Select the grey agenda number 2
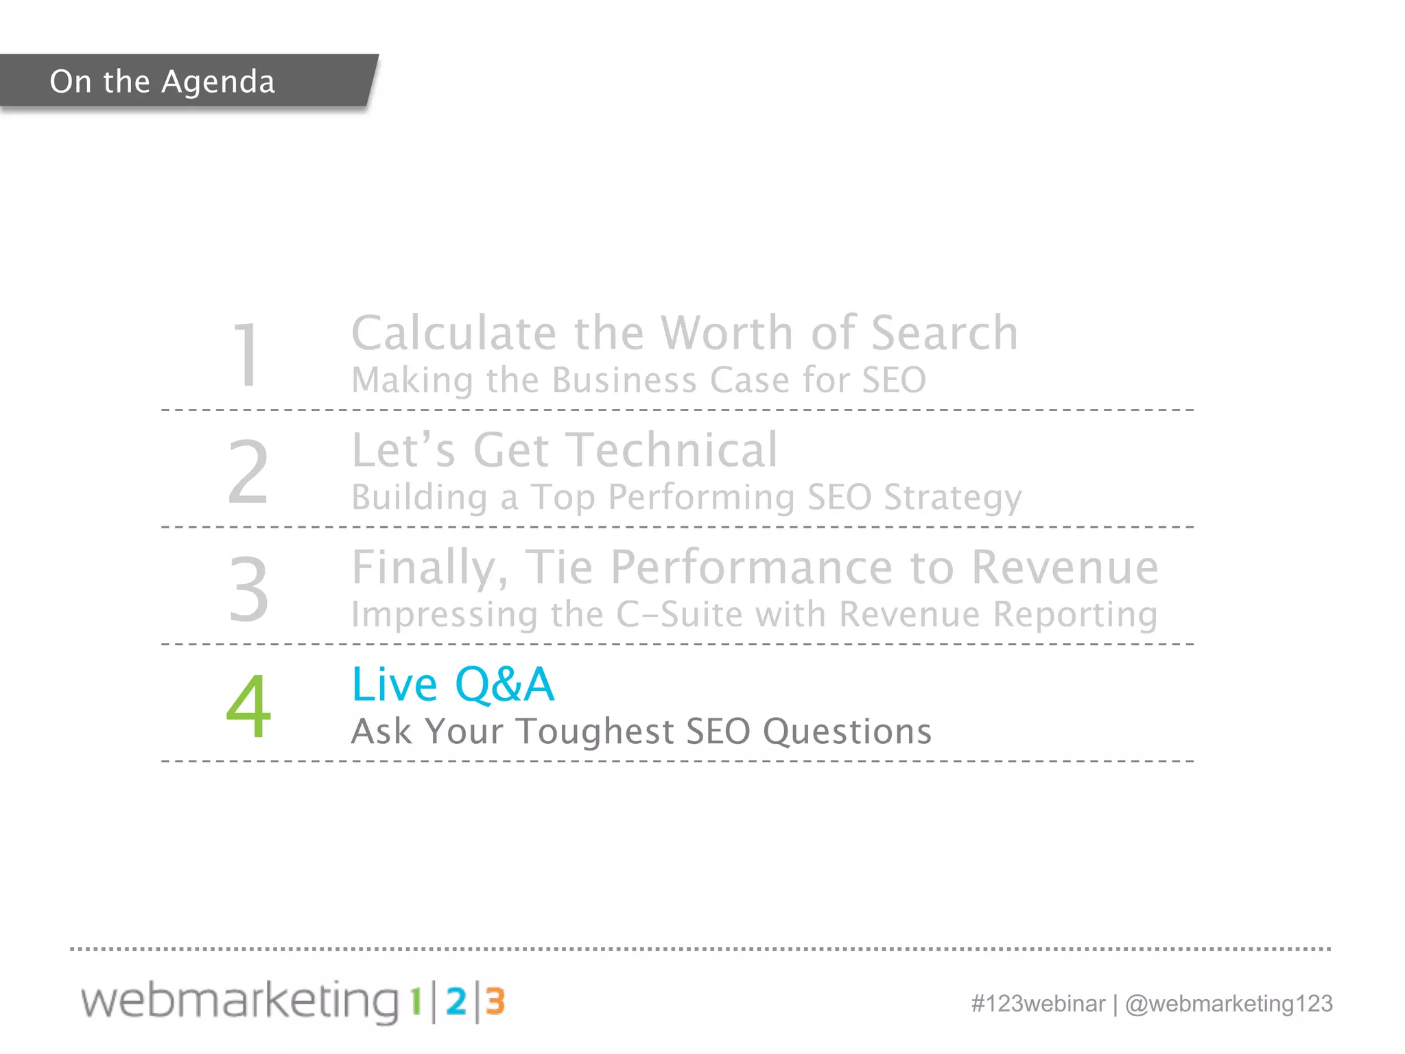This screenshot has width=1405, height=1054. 248,473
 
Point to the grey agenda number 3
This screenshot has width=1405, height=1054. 248,589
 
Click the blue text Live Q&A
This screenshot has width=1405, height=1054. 453,685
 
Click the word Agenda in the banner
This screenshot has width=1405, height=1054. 218,82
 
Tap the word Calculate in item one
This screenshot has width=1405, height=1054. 453,333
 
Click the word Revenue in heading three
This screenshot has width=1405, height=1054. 1065,568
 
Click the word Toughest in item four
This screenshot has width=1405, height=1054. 595,731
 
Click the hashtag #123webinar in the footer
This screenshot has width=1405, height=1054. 1038,1004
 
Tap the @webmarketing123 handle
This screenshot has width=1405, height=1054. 1229,1004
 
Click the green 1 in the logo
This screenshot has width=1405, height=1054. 416,1003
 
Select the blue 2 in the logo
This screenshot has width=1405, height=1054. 456,1003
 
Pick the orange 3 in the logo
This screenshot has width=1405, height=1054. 495,1003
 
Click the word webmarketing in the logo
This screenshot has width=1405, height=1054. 240,1001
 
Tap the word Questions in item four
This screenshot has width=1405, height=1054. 847,731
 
